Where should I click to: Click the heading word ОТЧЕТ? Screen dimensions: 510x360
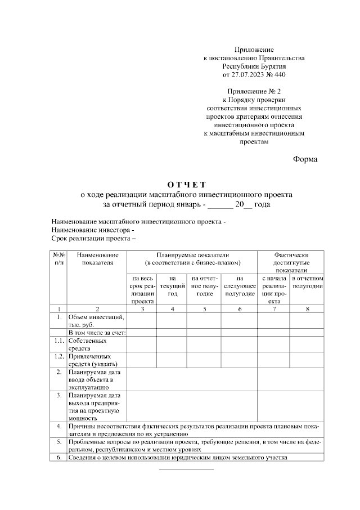tap(187, 185)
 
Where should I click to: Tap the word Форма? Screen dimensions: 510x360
tap(305, 159)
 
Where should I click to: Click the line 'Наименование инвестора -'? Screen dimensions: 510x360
tap(93, 230)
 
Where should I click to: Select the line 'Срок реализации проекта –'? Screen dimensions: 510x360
tap(94, 239)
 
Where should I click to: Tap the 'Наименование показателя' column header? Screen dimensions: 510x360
tap(97, 259)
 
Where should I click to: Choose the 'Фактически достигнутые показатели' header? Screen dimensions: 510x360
tap(291, 262)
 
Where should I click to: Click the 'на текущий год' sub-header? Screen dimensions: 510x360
tap(172, 282)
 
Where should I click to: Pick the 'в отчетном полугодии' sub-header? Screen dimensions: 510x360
tap(307, 282)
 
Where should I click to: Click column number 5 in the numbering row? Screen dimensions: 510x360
tap(204, 308)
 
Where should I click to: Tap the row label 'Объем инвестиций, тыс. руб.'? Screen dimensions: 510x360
tap(96, 320)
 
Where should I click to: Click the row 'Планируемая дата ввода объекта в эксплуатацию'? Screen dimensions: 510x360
tap(93, 379)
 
